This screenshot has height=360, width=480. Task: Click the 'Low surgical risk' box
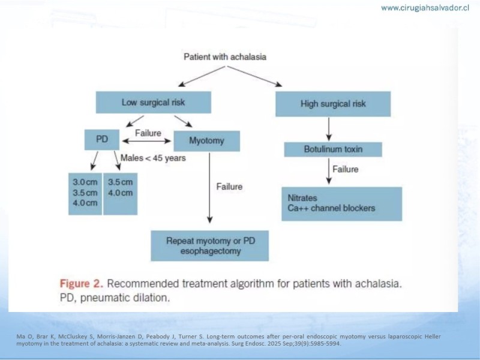[154, 102]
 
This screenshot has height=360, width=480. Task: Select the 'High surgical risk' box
[333, 104]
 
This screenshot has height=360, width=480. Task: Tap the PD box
[102, 140]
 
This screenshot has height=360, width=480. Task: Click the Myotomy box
[206, 141]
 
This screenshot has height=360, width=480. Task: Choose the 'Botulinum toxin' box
[333, 149]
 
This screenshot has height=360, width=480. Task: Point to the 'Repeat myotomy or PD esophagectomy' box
[209, 246]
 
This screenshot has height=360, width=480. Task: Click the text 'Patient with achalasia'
[225, 57]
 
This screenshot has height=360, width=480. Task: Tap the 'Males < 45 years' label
[153, 158]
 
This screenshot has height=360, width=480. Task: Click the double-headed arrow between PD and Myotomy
[146, 141]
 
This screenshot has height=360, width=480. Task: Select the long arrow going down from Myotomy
[209, 188]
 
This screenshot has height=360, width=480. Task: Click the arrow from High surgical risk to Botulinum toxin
[329, 129]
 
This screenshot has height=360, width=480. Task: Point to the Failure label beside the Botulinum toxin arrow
[346, 169]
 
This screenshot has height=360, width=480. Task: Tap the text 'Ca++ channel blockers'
[331, 208]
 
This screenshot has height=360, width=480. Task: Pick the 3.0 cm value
[85, 182]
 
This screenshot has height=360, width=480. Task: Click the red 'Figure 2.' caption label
[82, 283]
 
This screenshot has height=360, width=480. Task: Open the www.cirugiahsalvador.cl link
[425, 8]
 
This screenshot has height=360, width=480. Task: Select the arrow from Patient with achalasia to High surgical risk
[254, 77]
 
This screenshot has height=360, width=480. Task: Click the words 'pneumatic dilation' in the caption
[125, 298]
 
